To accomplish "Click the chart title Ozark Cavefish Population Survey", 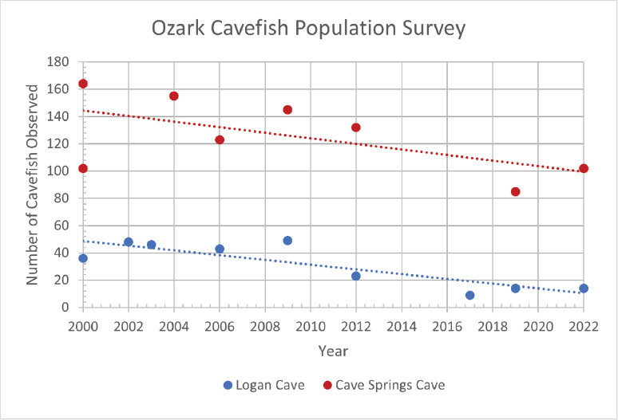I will (308, 29).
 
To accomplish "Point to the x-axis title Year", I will (333, 350).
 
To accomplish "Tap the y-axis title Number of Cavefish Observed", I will (33, 184).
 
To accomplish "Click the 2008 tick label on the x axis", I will (265, 327).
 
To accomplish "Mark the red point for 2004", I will (174, 96).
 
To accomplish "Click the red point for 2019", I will (515, 191).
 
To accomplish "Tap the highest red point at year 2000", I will (83, 84).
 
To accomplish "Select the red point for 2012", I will (356, 128).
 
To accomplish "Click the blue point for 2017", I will (469, 295).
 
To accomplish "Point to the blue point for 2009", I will (287, 241).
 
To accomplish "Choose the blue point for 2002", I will (129, 241).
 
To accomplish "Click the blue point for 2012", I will (356, 276).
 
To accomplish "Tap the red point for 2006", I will (220, 139).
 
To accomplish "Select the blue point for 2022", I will (584, 289).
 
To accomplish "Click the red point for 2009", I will (287, 110).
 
